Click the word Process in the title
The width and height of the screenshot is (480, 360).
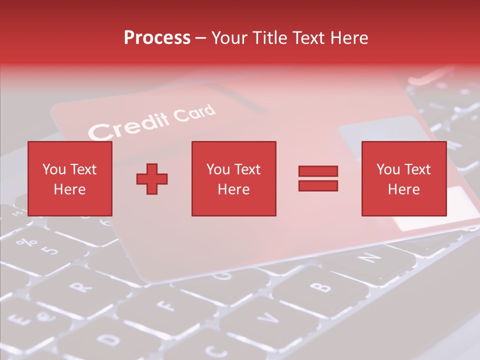(157, 38)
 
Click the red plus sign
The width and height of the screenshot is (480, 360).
(152, 179)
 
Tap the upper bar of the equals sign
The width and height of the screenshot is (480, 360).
(318, 171)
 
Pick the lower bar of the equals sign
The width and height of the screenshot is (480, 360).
(318, 186)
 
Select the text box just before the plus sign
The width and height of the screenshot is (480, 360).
(69, 178)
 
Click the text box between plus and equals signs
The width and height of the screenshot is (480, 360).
(233, 178)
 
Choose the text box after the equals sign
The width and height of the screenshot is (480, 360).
(403, 178)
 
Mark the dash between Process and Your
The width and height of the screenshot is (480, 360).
(201, 38)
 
